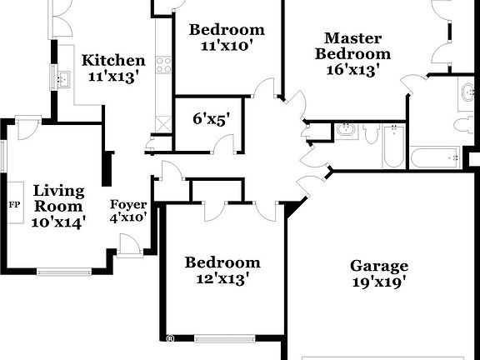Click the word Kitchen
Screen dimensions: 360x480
(113, 61)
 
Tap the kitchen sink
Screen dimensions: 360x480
(64, 81)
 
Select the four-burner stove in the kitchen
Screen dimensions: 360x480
(163, 63)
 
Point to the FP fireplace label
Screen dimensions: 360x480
(14, 204)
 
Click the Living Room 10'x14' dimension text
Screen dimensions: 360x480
(59, 222)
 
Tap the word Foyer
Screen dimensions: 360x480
(129, 205)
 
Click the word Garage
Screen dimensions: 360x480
(379, 266)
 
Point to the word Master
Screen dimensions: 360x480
(352, 38)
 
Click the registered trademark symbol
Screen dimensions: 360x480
(169, 339)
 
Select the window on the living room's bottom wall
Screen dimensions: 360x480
(64, 271)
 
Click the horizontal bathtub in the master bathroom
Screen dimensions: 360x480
(435, 157)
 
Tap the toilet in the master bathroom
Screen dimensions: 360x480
(464, 125)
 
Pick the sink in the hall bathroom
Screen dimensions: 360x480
(347, 131)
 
